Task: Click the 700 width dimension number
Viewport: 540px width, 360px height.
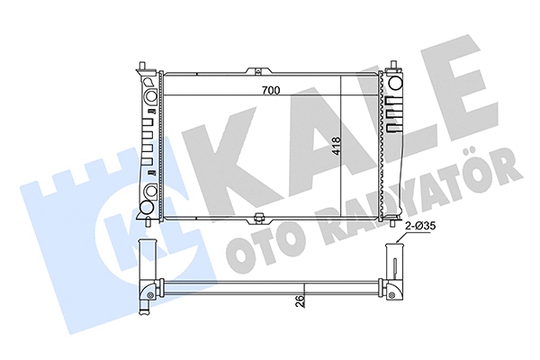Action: tap(269, 90)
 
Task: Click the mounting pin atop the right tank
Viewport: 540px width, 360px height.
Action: tap(393, 66)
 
